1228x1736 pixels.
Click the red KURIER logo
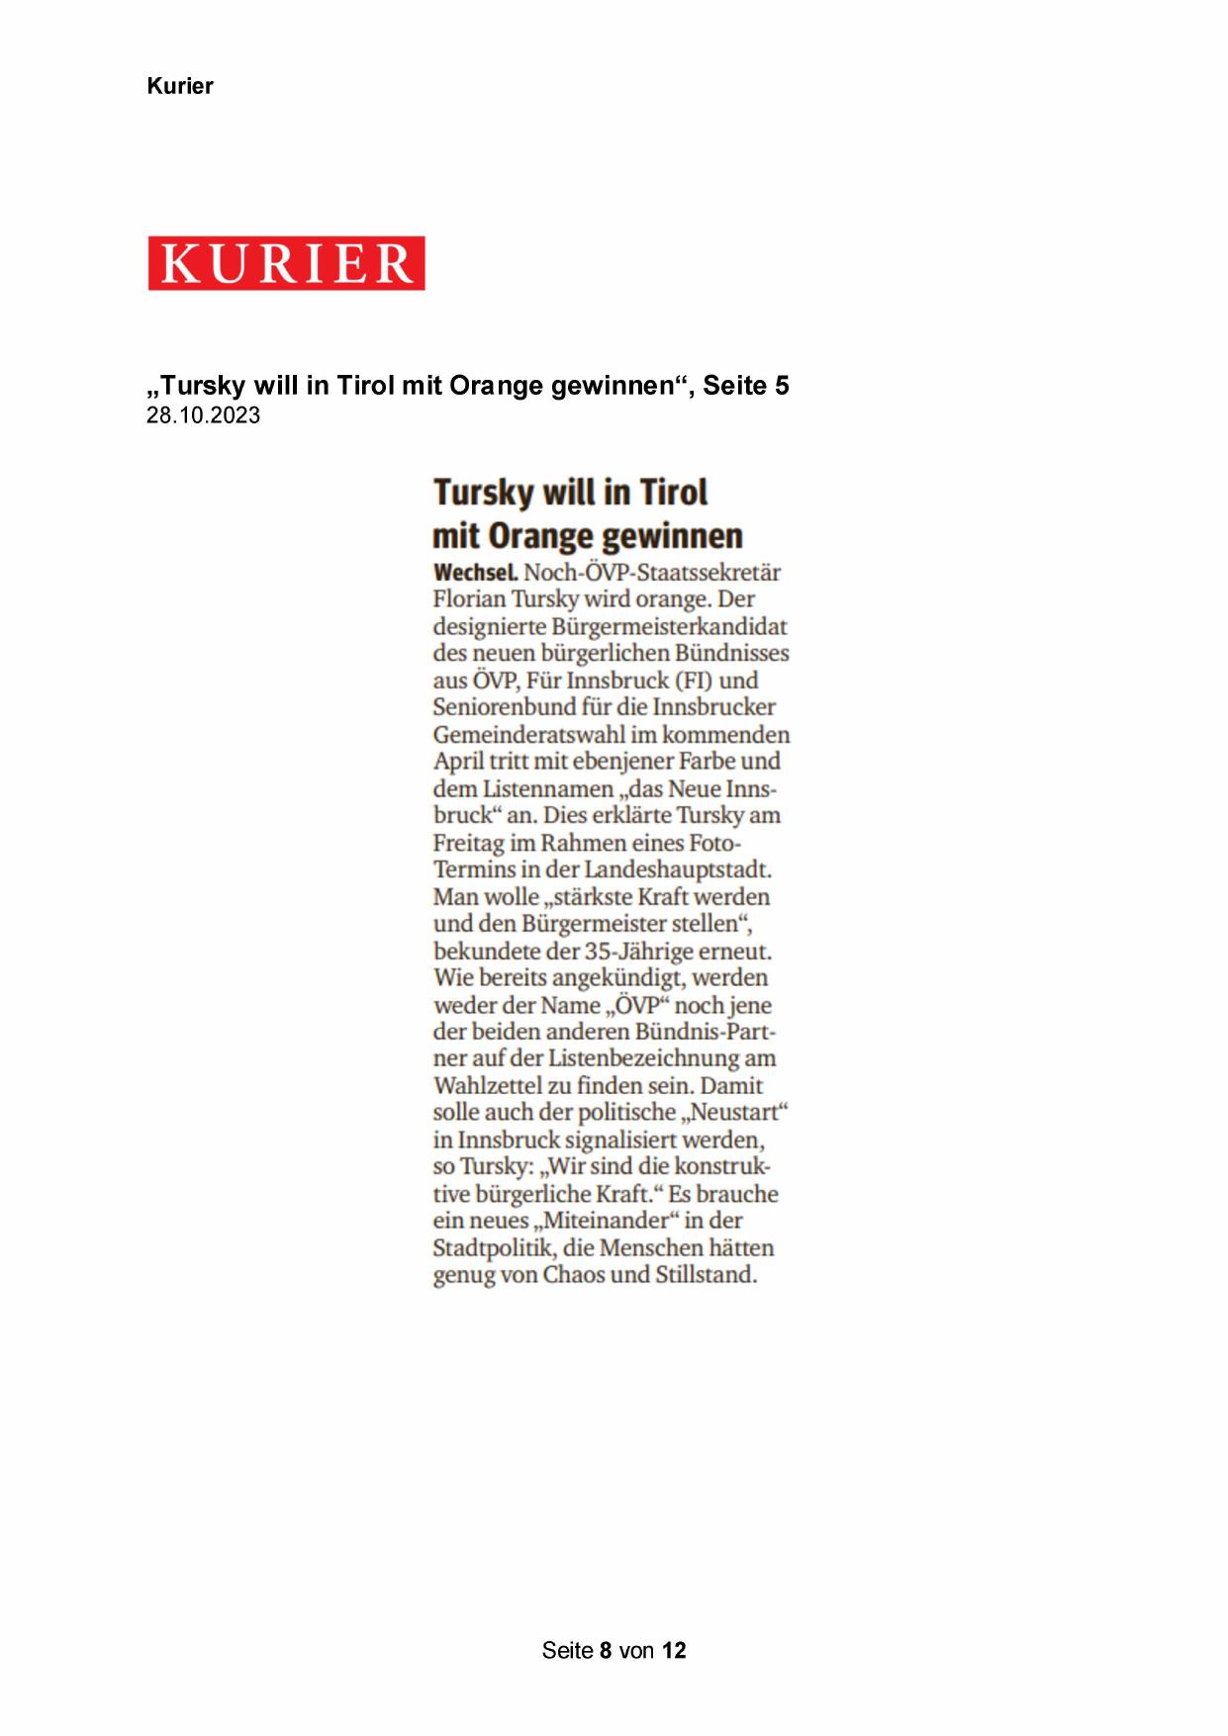pos(286,263)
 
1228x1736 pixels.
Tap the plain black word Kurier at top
pos(180,86)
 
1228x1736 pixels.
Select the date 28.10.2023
pos(204,415)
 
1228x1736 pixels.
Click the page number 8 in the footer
pos(606,1650)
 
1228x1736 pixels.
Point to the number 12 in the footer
pos(674,1650)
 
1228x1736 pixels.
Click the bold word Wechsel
pos(475,573)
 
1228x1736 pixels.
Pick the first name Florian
pos(468,599)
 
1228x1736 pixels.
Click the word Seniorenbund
pos(490,707)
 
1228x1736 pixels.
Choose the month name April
pos(457,762)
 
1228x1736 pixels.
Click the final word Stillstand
pos(705,1275)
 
